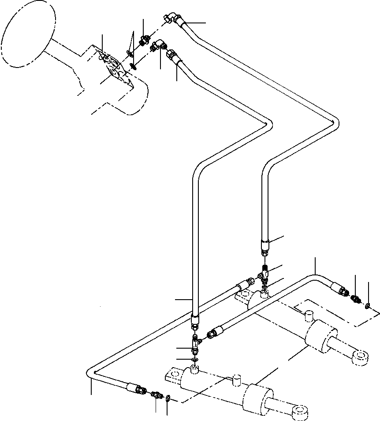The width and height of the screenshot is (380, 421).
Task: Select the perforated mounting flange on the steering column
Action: point(113,68)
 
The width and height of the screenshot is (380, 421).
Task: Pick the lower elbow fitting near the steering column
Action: point(158,46)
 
